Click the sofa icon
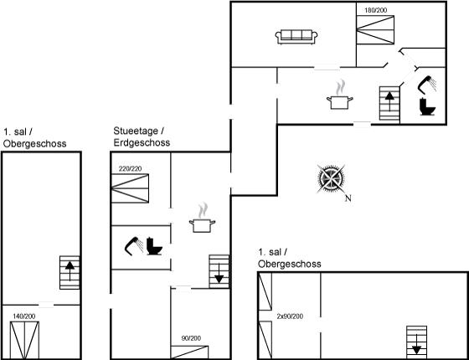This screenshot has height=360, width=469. [x=296, y=37]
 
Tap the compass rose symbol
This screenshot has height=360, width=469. [x=331, y=179]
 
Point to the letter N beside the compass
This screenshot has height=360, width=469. [x=348, y=198]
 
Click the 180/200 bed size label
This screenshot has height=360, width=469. [x=375, y=10]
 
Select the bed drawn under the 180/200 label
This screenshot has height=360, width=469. [x=375, y=30]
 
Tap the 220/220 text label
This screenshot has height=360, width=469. [x=130, y=169]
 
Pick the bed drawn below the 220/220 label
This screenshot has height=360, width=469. [x=130, y=188]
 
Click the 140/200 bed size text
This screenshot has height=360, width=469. [x=24, y=316]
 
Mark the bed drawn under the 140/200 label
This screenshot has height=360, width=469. [x=24, y=340]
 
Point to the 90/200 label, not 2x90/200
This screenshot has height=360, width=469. [x=191, y=338]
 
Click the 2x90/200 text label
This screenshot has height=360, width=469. [x=290, y=316]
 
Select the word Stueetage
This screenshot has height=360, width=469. [x=136, y=131]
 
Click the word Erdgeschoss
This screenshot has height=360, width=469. [x=142, y=142]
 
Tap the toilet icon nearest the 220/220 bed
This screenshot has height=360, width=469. [x=154, y=246]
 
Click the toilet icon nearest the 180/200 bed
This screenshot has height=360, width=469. [x=427, y=106]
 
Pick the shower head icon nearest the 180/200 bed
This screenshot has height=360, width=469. [x=426, y=85]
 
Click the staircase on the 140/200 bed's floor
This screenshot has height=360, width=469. [x=70, y=272]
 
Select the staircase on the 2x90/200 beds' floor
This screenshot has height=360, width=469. [x=416, y=342]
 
